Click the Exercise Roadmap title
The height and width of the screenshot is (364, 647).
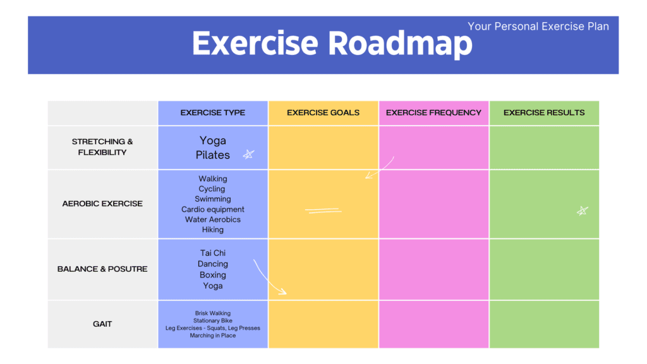(x=332, y=44)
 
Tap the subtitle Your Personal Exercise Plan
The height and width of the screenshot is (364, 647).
(x=538, y=26)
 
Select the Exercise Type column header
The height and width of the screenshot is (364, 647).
(x=213, y=112)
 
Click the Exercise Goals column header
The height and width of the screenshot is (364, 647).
(x=323, y=112)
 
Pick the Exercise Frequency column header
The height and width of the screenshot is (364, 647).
(x=433, y=112)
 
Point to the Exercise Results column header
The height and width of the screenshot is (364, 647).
(x=544, y=112)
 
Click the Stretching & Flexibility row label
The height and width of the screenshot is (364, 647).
(x=102, y=147)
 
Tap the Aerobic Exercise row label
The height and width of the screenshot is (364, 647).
(x=102, y=203)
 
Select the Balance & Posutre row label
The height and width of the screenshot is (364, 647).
(x=102, y=269)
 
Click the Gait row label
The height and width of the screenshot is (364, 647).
(x=102, y=324)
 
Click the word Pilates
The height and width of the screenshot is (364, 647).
(x=213, y=155)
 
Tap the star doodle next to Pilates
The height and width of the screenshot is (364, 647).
(x=248, y=154)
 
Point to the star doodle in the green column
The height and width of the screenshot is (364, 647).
(x=583, y=211)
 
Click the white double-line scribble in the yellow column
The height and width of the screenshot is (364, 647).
(x=323, y=211)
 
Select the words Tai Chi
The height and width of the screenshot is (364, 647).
(x=213, y=253)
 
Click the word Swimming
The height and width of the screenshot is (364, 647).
(x=213, y=199)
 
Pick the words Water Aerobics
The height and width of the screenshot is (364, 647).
(x=213, y=219)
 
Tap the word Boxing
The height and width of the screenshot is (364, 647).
(x=213, y=275)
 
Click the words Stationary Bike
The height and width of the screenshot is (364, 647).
(x=213, y=320)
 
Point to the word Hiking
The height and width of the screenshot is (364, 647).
(x=213, y=229)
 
